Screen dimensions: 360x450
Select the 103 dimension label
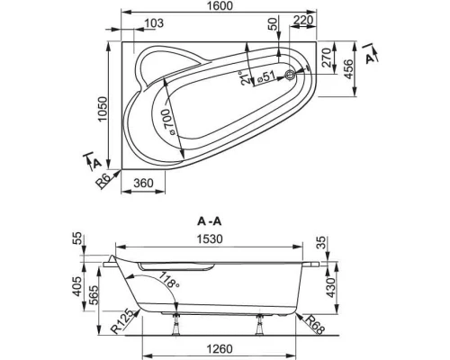click(x=155, y=23)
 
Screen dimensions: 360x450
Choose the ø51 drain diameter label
click(x=268, y=76)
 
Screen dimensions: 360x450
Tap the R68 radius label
click(x=314, y=321)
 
